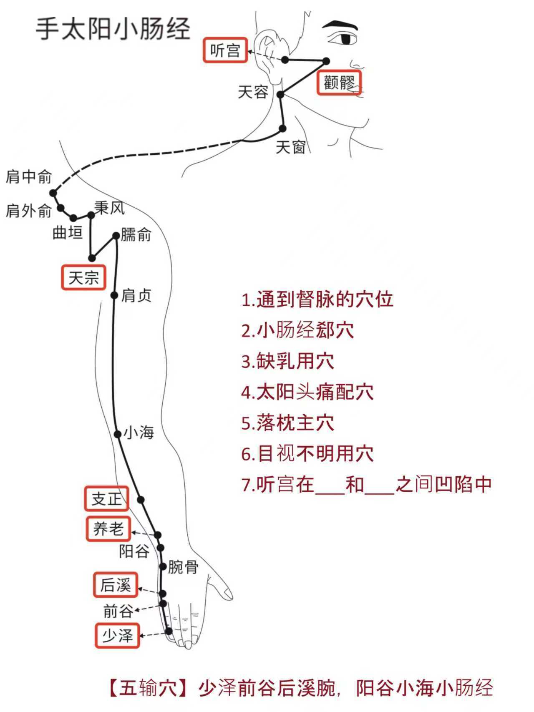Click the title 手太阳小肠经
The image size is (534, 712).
pyautogui.click(x=113, y=29)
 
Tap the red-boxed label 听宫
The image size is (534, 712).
pyautogui.click(x=225, y=50)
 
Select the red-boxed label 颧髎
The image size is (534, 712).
pyautogui.click(x=339, y=83)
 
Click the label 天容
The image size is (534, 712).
pyautogui.click(x=253, y=92)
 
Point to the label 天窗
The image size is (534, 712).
pyautogui.click(x=291, y=147)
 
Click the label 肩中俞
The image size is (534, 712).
pyautogui.click(x=28, y=177)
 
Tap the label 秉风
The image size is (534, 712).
pyautogui.click(x=109, y=207)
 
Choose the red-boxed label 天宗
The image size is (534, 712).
pyautogui.click(x=83, y=277)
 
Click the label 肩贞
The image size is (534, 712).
pyautogui.click(x=136, y=296)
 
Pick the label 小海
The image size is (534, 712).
pyautogui.click(x=139, y=433)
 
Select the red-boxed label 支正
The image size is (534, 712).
pyautogui.click(x=106, y=498)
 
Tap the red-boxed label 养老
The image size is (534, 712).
pyautogui.click(x=108, y=529)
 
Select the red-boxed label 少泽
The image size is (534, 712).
pyautogui.click(x=117, y=636)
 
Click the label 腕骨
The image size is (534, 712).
pyautogui.click(x=183, y=567)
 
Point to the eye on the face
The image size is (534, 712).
pyautogui.click(x=346, y=38)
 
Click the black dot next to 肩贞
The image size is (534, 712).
pyautogui.click(x=114, y=295)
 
